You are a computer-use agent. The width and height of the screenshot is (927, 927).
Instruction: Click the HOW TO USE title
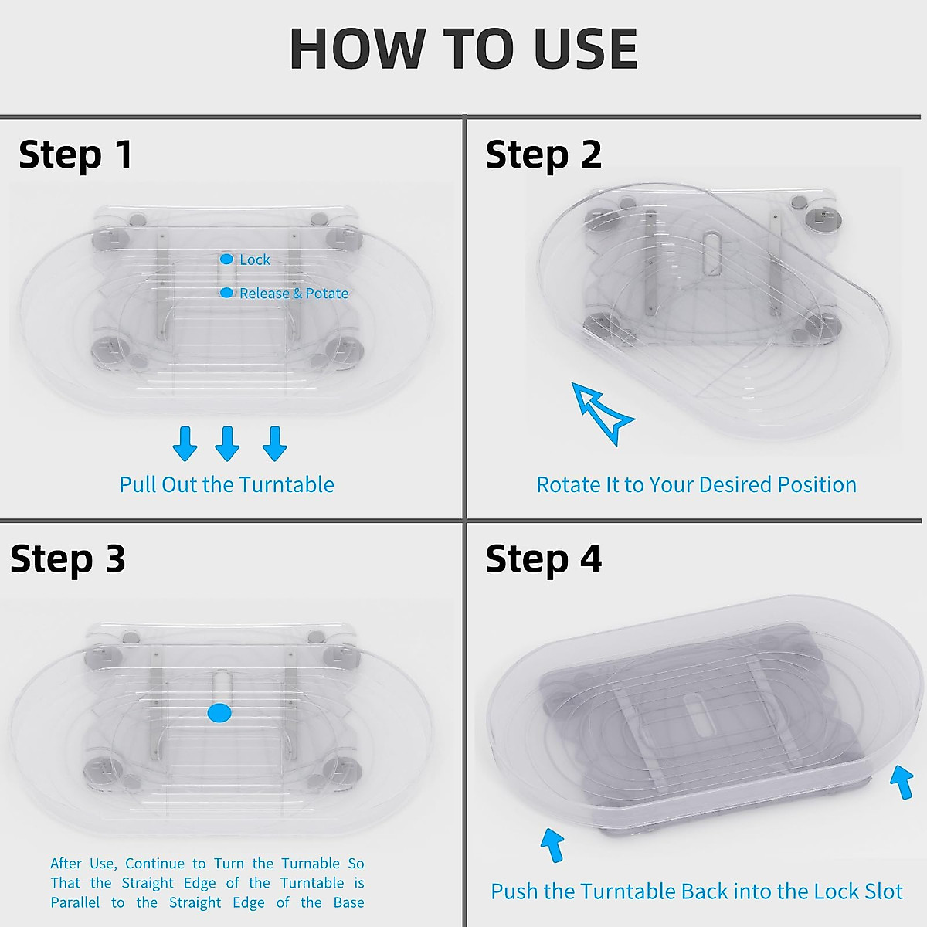coord(463,49)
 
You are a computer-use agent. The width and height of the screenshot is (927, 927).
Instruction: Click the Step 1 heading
coord(76,154)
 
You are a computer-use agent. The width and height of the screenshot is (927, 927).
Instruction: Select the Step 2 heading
coord(543,154)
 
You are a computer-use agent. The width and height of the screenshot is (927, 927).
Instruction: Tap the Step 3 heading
coord(68,559)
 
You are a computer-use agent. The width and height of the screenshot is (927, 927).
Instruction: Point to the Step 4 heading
coord(543,559)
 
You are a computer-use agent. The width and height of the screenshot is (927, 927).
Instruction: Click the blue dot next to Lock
coord(226,260)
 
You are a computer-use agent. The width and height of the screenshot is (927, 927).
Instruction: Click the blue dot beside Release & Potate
coord(226,293)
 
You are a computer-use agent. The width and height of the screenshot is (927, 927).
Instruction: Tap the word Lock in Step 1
coord(255,260)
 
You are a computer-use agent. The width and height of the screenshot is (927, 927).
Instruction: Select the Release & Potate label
coord(294,294)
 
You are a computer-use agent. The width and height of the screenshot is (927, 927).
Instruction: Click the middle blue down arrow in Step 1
coord(227,443)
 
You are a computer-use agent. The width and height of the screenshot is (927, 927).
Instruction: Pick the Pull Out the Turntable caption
coord(226,485)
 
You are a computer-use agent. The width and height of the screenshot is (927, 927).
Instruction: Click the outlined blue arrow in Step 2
coord(602,411)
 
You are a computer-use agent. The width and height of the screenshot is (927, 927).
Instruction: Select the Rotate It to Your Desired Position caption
coord(696,485)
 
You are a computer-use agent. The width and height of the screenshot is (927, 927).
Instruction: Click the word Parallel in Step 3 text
coord(75,903)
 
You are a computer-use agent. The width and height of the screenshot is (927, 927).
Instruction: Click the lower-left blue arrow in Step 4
coord(552,844)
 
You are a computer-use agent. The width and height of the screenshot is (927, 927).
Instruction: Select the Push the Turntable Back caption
coord(696,891)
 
